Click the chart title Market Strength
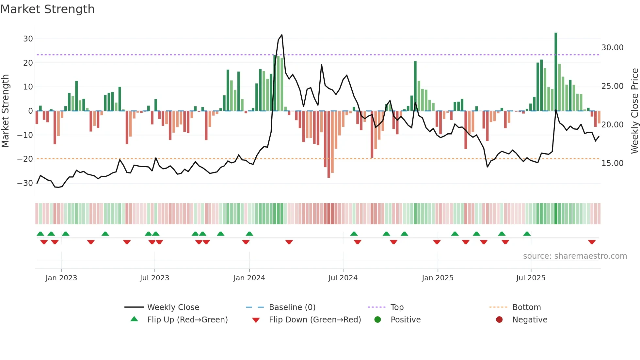coord(47,9)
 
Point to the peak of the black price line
coord(281,35)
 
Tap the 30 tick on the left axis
coord(28,39)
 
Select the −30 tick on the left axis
coord(25,183)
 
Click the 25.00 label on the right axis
coord(612,86)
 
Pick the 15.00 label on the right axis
coord(612,163)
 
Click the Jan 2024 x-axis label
coord(249,278)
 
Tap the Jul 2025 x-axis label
coord(531,278)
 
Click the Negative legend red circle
coord(499,319)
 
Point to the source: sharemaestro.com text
coord(575,256)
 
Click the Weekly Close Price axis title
coord(634,111)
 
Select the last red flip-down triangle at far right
coord(592,242)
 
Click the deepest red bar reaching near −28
coord(328,144)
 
